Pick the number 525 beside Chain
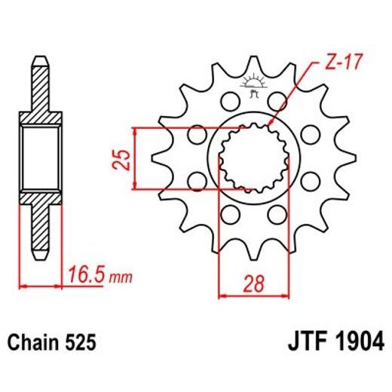(81, 343)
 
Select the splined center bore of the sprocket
(253, 159)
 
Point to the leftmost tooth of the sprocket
(161, 159)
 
